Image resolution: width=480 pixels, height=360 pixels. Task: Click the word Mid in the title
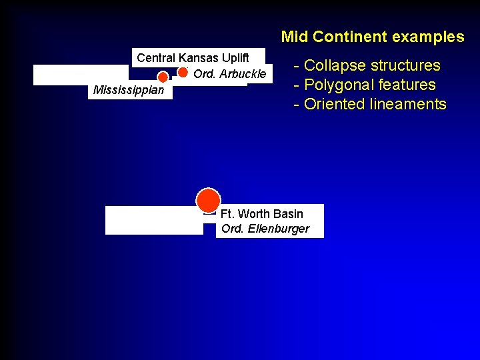click(x=295, y=37)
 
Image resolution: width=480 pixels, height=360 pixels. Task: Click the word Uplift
click(x=233, y=58)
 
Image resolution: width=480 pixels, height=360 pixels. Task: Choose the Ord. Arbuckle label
click(x=229, y=74)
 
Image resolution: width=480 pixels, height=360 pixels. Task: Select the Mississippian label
click(x=129, y=90)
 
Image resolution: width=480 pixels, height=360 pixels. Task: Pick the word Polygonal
click(x=339, y=85)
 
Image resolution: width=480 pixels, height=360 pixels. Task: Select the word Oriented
click(x=335, y=104)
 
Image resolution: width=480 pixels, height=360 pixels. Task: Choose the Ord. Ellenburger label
click(x=265, y=229)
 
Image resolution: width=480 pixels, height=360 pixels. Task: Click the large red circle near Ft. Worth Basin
click(x=208, y=200)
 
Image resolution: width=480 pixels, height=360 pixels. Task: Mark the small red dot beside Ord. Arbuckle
click(x=183, y=72)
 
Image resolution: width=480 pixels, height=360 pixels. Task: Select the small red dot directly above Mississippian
click(x=163, y=77)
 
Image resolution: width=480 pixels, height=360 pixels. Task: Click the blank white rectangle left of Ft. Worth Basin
click(x=154, y=221)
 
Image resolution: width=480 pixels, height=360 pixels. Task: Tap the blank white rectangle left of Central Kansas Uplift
click(x=80, y=75)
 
